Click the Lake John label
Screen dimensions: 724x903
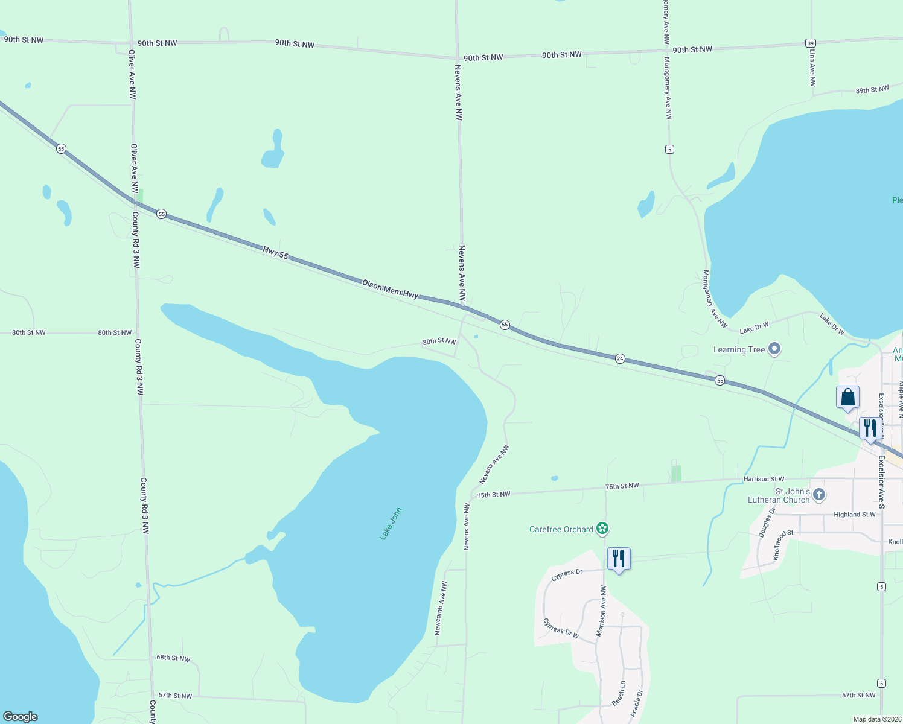click(x=391, y=524)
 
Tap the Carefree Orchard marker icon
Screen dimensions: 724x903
click(x=602, y=529)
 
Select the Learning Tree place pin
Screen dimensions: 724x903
click(x=774, y=349)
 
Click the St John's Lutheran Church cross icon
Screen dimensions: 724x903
click(x=819, y=495)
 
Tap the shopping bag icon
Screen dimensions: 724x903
click(x=847, y=398)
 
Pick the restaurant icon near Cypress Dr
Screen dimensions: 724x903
click(x=619, y=559)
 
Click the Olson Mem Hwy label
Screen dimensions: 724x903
click(x=390, y=289)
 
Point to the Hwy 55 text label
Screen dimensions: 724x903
click(x=275, y=253)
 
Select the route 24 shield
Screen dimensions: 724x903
click(x=620, y=358)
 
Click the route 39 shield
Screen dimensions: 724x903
click(x=811, y=43)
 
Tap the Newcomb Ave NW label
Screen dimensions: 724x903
click(x=441, y=608)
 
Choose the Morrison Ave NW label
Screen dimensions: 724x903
click(x=601, y=611)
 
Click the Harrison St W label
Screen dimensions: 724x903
click(x=764, y=479)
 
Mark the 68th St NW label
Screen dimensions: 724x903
click(x=173, y=658)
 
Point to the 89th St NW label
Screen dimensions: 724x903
click(x=872, y=90)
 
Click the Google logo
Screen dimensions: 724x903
click(x=21, y=717)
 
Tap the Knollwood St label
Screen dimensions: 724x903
click(x=783, y=543)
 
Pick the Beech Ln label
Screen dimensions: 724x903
click(x=619, y=694)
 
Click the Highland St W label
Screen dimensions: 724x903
click(x=854, y=515)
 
